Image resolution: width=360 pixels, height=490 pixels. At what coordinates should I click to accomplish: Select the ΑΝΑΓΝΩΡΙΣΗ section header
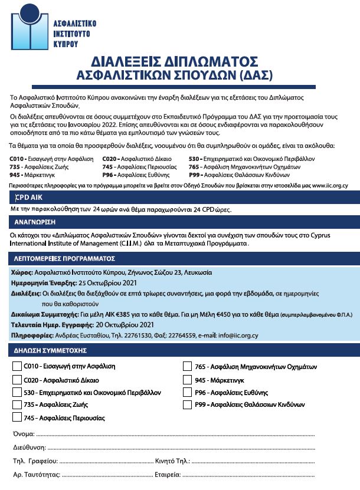pos(36,222)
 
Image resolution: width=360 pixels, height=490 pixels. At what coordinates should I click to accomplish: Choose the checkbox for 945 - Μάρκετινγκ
pos(187,380)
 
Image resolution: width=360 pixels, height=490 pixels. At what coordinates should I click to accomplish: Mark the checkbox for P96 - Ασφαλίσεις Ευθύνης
pos(187,393)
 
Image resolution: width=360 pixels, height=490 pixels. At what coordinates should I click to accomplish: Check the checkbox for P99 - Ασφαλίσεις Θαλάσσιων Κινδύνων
pos(187,405)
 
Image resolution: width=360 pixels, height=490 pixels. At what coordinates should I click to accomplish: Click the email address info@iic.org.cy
pos(236,336)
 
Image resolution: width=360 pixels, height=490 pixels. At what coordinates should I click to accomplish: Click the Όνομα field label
pos(23,434)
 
